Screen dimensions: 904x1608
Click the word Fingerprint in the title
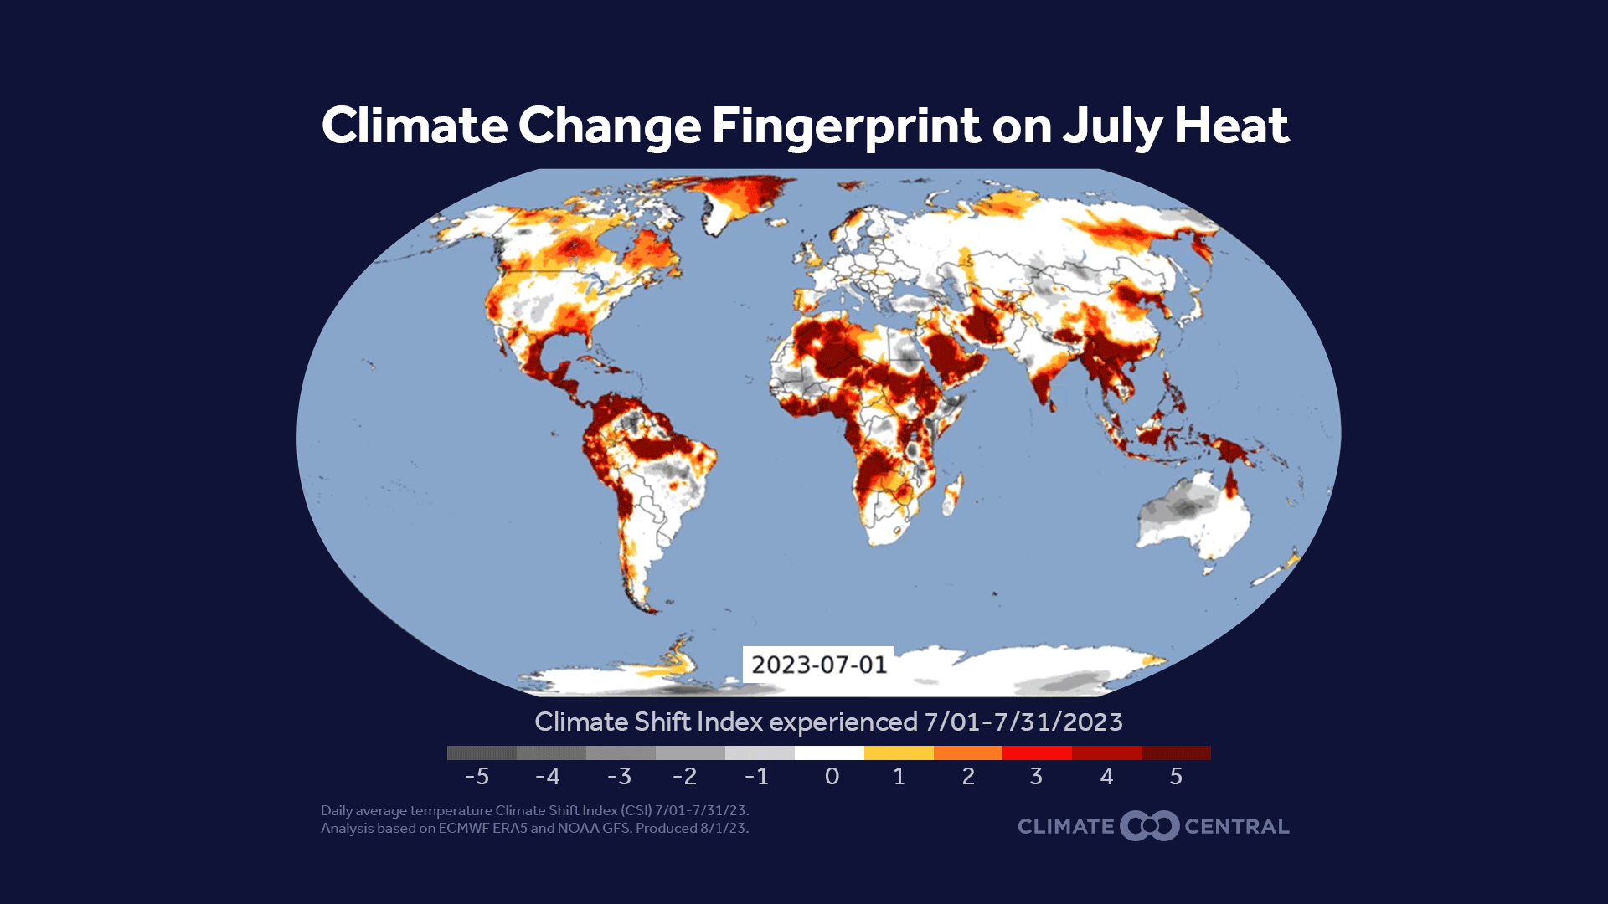click(x=846, y=127)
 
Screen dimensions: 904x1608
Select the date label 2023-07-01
click(x=818, y=665)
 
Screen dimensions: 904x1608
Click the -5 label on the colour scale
click(x=477, y=777)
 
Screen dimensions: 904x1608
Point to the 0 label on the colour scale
click(x=832, y=777)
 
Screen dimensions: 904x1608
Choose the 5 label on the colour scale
click(x=1176, y=777)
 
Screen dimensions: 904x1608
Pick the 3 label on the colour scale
click(x=1036, y=777)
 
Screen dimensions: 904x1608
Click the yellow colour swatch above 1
click(x=899, y=753)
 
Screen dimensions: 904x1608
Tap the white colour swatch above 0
click(x=829, y=753)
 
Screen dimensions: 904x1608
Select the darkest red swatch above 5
click(x=1176, y=753)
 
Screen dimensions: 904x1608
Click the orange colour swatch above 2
click(x=968, y=753)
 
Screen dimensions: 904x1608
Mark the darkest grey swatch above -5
click(x=482, y=753)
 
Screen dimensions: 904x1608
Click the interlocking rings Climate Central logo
click(x=1150, y=826)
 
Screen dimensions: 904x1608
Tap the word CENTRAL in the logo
click(x=1237, y=827)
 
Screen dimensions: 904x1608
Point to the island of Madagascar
click(x=952, y=496)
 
